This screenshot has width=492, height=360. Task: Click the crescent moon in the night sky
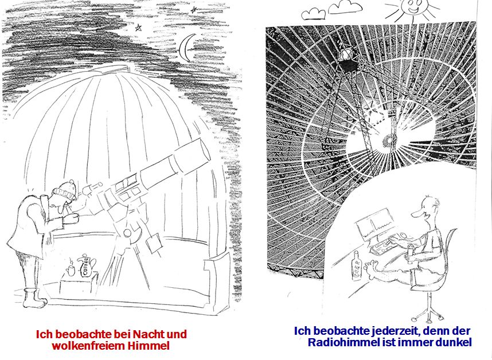pos(183,48)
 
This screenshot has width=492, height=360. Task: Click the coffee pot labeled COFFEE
pos(85,265)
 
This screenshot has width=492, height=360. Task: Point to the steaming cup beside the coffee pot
pos(71,269)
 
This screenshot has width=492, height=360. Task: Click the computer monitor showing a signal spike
pos(374,225)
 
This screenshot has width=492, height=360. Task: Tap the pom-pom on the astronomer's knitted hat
pos(72,182)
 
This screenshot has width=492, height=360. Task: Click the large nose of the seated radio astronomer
pos(416,214)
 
